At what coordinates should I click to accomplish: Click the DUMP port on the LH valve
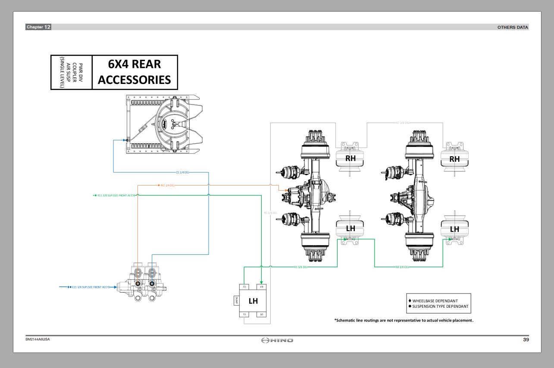[x=236, y=301]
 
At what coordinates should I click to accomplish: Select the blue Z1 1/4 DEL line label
[x=182, y=172]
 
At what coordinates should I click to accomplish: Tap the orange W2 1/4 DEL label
[x=167, y=186]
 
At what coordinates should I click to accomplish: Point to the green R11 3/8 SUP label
[x=116, y=195]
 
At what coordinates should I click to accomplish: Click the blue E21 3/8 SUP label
[x=91, y=287]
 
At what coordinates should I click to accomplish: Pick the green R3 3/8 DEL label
[x=300, y=267]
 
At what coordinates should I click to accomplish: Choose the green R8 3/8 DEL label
[x=402, y=267]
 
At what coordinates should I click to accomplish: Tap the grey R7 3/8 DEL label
[x=403, y=123]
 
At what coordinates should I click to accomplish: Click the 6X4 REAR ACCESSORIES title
[x=135, y=72]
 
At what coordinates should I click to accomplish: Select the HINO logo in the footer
[x=277, y=340]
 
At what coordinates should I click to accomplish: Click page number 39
[x=526, y=340]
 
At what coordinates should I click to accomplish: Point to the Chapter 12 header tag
[x=38, y=27]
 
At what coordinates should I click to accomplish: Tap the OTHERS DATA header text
[x=513, y=27]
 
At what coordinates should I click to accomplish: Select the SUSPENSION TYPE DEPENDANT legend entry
[x=440, y=306]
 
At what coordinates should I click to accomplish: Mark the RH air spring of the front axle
[x=351, y=158]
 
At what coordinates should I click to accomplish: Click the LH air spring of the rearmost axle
[x=454, y=229]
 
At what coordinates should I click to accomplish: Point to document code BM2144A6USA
[x=38, y=339]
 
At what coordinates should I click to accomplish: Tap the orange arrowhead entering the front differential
[x=286, y=190]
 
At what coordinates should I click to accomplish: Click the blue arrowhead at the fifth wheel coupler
[x=125, y=140]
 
